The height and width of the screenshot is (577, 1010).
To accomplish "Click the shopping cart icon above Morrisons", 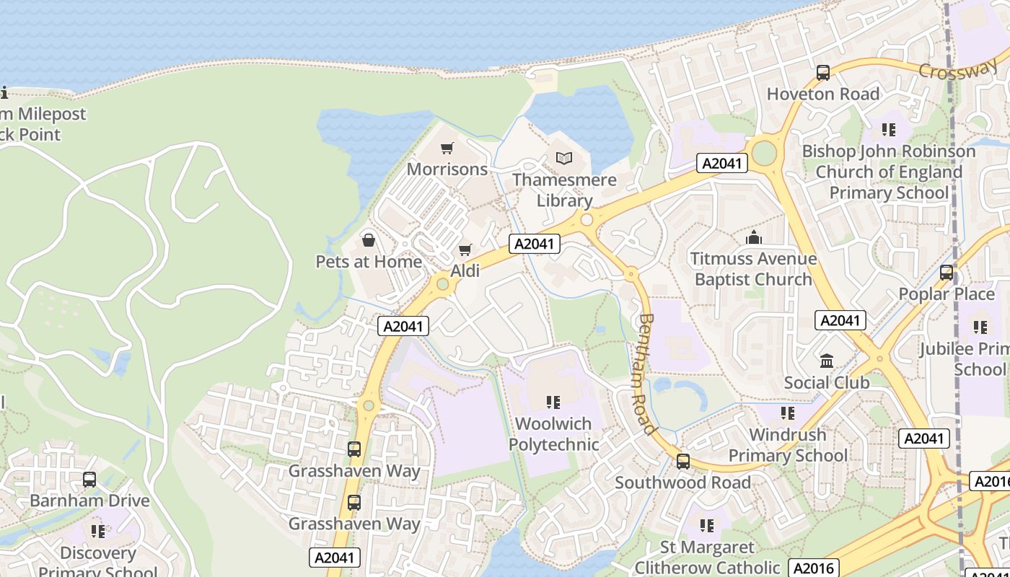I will click(447, 149).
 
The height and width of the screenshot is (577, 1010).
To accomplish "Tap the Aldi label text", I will click(465, 271).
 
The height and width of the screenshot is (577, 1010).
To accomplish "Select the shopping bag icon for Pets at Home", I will click(369, 240).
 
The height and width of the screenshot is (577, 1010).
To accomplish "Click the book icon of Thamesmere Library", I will click(564, 158).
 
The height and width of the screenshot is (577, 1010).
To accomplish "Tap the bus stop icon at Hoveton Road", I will click(823, 73).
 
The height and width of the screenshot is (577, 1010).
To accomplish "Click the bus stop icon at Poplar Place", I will click(947, 273).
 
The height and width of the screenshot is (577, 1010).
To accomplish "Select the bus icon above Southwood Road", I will click(683, 462).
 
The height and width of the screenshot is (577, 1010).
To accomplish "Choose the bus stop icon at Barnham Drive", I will click(89, 480).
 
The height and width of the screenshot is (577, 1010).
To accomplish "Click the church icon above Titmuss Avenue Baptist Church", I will click(754, 237).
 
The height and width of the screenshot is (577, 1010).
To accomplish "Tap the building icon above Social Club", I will click(827, 361).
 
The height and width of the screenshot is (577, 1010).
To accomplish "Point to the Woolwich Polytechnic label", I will click(554, 434).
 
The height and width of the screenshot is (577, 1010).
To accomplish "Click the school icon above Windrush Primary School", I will click(787, 413).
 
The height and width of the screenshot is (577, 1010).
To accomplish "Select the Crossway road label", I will click(957, 71).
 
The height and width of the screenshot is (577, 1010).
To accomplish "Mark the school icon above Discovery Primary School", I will click(98, 532).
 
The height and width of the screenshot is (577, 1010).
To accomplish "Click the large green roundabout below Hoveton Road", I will click(763, 153).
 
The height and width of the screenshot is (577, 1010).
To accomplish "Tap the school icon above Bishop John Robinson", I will click(889, 130).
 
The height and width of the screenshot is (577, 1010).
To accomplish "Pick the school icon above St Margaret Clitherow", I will click(707, 526).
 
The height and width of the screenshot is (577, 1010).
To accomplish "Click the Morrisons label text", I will click(447, 169).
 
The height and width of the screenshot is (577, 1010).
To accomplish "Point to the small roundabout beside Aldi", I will click(442, 285).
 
